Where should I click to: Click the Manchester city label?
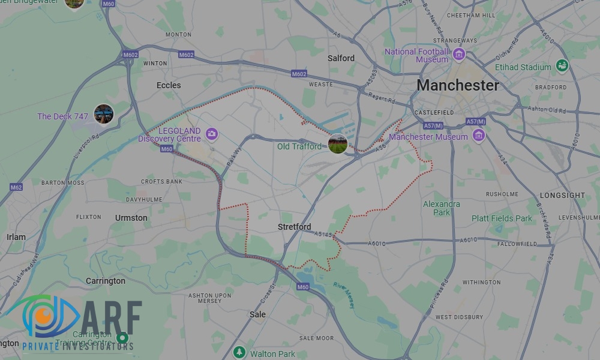pyautogui.click(x=457, y=85)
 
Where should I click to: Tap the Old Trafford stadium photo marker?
pyautogui.click(x=338, y=144)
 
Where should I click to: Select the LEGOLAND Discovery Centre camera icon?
pyautogui.click(x=211, y=133)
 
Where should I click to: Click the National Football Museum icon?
pyautogui.click(x=459, y=55)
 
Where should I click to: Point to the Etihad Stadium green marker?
pyautogui.click(x=562, y=65)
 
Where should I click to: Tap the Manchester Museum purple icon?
pyautogui.click(x=478, y=136)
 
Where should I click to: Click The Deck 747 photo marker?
pyautogui.click(x=103, y=114)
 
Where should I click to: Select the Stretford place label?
pyautogui.click(x=295, y=227)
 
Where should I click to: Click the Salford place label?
pyautogui.click(x=341, y=58)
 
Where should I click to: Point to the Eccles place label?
pyautogui.click(x=169, y=85)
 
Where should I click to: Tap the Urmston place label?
pyautogui.click(x=131, y=218)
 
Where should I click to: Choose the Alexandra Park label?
pyautogui.click(x=442, y=208)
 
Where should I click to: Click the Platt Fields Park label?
pyautogui.click(x=502, y=218)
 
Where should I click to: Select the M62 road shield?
pyautogui.click(x=16, y=187)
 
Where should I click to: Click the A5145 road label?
pyautogui.click(x=323, y=234)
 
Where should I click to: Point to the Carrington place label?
pyautogui.click(x=106, y=281)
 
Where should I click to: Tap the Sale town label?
pyautogui.click(x=257, y=314)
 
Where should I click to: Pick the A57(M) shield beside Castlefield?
pyautogui.click(x=433, y=125)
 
